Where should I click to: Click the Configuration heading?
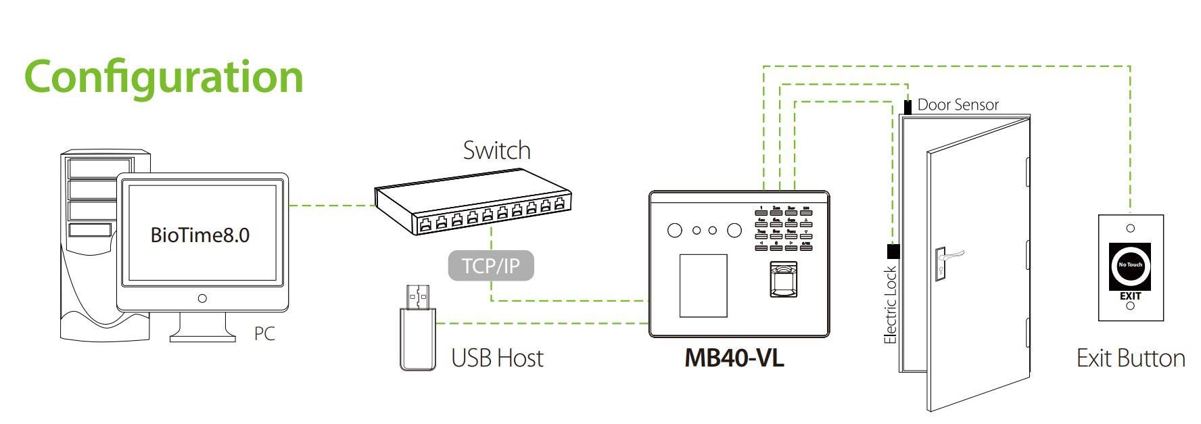pos(164,76)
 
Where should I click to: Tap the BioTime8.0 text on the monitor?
pos(199,235)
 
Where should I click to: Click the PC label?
pos(264,334)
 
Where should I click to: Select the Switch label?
pos(496,150)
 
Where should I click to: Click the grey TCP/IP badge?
pos(491,266)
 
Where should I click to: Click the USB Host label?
pos(497,358)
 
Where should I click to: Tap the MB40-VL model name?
pos(734,358)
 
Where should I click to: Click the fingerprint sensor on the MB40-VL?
pos(783,279)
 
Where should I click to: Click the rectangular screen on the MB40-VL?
pos(703,285)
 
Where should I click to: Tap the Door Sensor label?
pos(958,105)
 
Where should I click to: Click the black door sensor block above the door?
pos(908,107)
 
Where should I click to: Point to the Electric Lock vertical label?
pos(891,304)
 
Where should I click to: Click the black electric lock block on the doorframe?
pos(893,252)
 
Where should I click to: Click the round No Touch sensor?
pos(1130,264)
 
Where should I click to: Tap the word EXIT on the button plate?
pos(1130,296)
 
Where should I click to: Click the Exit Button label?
pos(1130,358)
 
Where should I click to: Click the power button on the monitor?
pos(202,298)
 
